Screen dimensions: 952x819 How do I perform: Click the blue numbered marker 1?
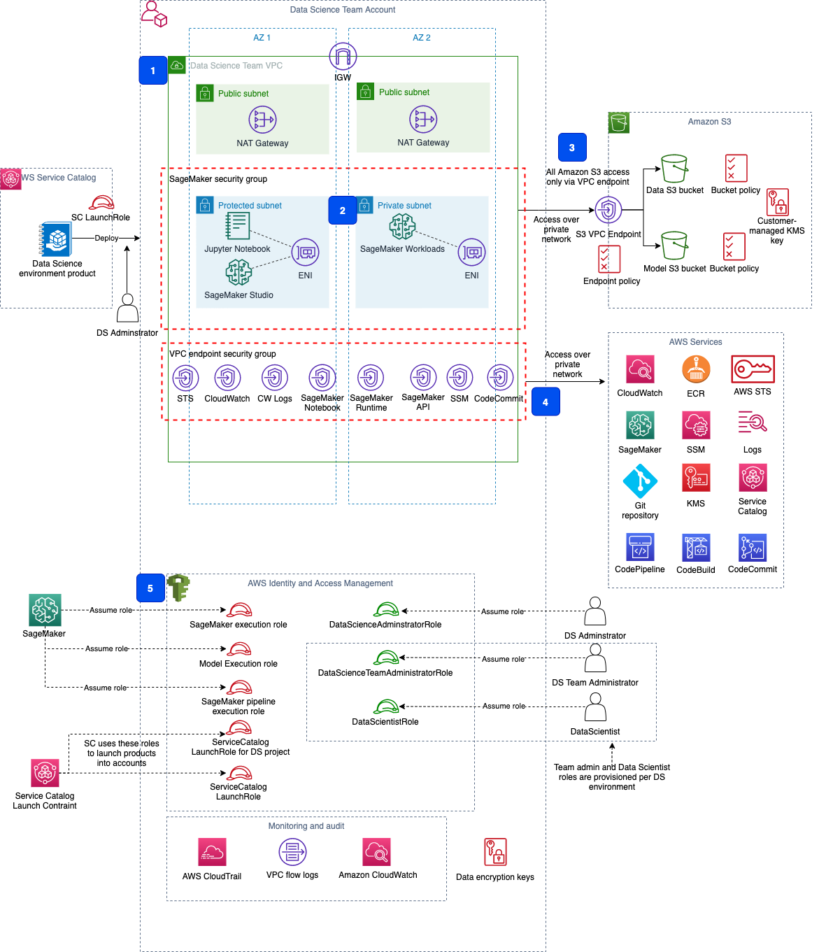(153, 71)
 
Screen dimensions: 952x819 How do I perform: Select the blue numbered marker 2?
(343, 211)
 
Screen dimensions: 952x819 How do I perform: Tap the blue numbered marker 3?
(572, 148)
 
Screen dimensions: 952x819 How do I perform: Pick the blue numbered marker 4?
(546, 402)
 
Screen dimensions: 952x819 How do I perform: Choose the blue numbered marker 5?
(150, 588)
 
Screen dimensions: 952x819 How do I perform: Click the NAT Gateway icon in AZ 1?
(263, 120)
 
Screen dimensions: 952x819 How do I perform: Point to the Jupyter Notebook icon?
(237, 226)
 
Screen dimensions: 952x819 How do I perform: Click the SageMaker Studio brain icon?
(238, 273)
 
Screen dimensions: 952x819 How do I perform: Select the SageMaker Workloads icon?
(402, 227)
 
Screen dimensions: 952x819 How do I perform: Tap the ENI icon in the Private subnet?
(472, 252)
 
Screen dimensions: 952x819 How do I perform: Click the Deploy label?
(106, 238)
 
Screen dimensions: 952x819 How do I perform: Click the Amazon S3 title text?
(709, 122)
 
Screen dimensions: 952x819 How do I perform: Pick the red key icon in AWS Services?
(753, 369)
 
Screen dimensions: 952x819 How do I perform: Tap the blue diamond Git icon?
(641, 481)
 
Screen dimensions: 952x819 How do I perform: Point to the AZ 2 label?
(422, 38)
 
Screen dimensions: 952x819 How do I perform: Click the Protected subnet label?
(250, 206)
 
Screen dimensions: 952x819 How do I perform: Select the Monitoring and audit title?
(306, 826)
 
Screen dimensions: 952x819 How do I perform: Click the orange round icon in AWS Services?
(697, 369)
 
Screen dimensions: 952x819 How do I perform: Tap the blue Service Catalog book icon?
(56, 239)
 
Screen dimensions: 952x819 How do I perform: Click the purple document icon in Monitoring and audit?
(292, 852)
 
